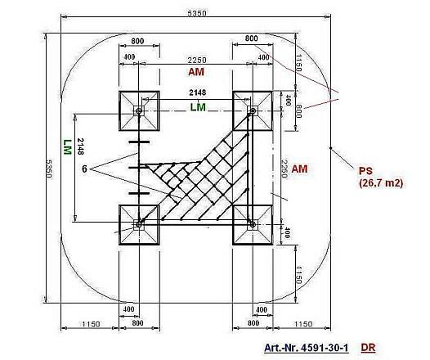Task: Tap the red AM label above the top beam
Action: coord(195,73)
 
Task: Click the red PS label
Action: coord(365,170)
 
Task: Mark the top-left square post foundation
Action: coord(139,110)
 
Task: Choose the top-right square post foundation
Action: coord(252,110)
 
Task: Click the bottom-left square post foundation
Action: coord(139,223)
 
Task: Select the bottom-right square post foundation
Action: coord(252,223)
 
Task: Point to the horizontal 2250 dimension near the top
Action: coord(195,61)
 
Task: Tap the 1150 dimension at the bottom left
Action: coord(90,324)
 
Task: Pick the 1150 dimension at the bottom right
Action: coord(302,324)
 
